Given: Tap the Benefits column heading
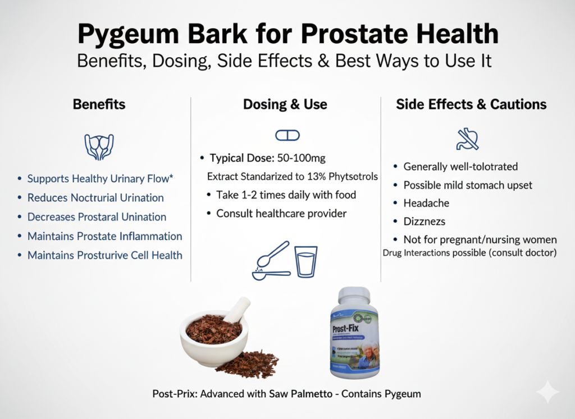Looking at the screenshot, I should click(x=99, y=104).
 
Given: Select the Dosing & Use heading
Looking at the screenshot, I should click(x=285, y=104).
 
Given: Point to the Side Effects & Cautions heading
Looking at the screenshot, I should click(x=471, y=104).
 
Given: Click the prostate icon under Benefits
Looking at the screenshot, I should click(x=99, y=146).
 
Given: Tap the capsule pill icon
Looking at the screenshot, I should click(x=287, y=135).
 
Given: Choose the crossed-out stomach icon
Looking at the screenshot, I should click(x=467, y=139).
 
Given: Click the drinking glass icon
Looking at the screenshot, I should click(x=307, y=261).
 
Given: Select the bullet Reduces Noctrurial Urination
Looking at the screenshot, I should click(x=95, y=197).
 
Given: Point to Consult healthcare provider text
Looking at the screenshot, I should click(x=281, y=213).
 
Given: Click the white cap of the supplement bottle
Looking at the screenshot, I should click(x=354, y=297).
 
